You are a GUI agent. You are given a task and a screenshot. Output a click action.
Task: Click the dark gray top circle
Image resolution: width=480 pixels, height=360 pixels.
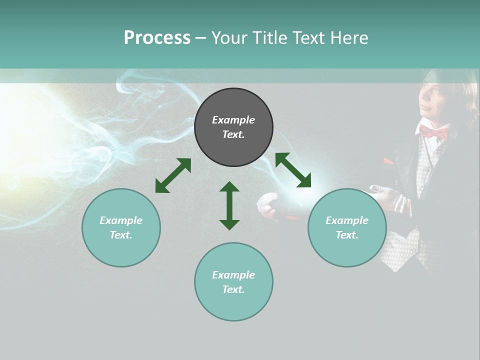[x=233, y=127]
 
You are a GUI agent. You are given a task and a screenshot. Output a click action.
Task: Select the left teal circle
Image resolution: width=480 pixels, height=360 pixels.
[x=121, y=227]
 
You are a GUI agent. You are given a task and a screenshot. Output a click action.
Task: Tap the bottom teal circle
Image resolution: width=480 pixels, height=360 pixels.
[x=233, y=282]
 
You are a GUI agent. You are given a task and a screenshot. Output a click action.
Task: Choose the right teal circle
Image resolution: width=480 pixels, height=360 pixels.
[x=347, y=227]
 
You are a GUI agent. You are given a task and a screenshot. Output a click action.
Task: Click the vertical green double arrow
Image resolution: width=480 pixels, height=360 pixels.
[x=229, y=205]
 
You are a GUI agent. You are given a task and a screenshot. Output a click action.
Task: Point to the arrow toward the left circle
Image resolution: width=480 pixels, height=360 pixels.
[x=173, y=175]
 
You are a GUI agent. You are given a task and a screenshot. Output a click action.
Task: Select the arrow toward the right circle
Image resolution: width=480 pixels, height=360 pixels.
[x=293, y=170]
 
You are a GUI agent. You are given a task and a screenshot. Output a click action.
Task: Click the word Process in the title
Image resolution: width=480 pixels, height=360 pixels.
[x=157, y=38]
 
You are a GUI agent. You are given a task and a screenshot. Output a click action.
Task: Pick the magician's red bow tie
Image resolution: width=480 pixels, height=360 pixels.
[x=433, y=132]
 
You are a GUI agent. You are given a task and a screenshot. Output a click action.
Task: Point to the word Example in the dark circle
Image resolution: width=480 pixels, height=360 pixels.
[x=233, y=120]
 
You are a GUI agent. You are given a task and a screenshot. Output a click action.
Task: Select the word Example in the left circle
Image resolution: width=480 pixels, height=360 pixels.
[x=121, y=220]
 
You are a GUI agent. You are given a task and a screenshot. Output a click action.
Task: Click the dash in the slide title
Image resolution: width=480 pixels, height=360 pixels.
[x=200, y=38]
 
